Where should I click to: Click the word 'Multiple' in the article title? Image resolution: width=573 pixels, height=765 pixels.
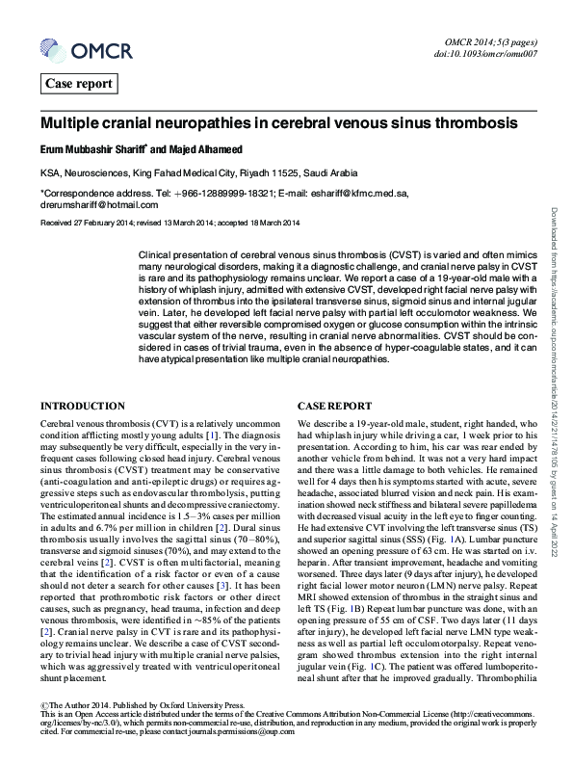[69, 125]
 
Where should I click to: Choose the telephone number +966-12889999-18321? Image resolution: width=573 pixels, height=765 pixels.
[222, 193]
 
